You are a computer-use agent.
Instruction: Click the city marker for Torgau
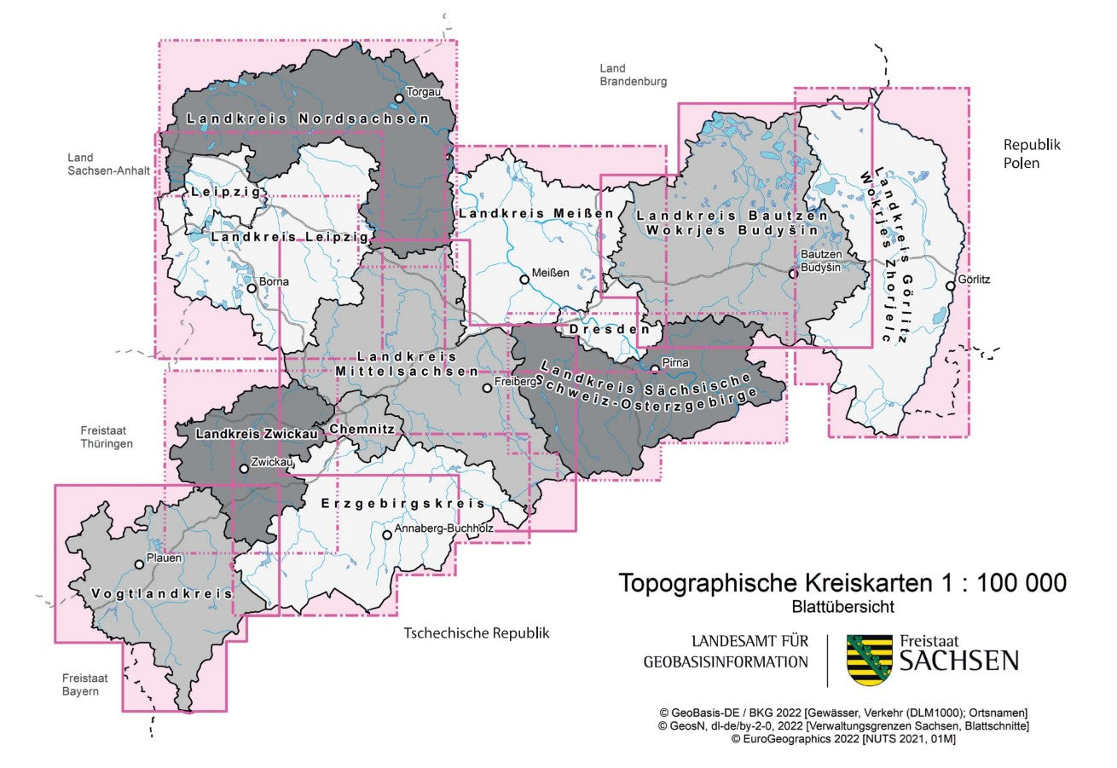[398, 98]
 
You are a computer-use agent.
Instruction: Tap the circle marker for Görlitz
[950, 286]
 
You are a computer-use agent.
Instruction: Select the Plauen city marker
[140, 564]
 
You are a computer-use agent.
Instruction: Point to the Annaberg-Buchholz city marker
[386, 535]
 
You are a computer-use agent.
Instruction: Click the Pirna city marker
[654, 369]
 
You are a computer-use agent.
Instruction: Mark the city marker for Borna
[252, 288]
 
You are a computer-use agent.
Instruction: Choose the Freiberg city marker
[487, 388]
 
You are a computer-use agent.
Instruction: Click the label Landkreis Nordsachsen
[308, 119]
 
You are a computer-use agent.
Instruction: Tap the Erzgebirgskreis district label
[402, 504]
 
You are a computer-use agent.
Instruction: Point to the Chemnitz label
[362, 429]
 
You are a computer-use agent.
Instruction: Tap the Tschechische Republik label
[476, 633]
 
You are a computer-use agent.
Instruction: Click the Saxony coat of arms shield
[868, 660]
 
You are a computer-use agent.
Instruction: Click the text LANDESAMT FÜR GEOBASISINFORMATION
[726, 651]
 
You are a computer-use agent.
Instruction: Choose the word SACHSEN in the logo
[959, 661]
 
